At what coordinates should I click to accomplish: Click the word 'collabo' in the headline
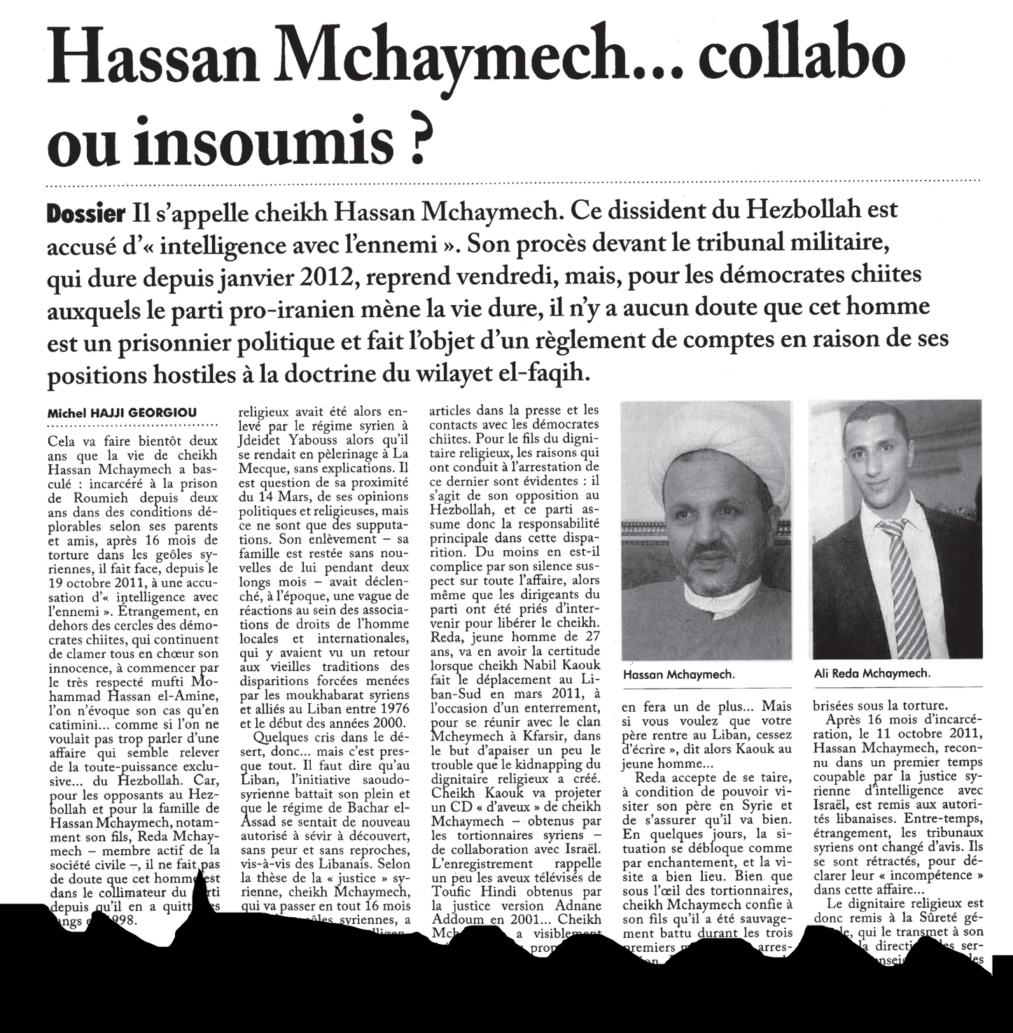[797, 59]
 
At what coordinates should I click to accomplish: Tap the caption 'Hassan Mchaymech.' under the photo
[678, 675]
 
